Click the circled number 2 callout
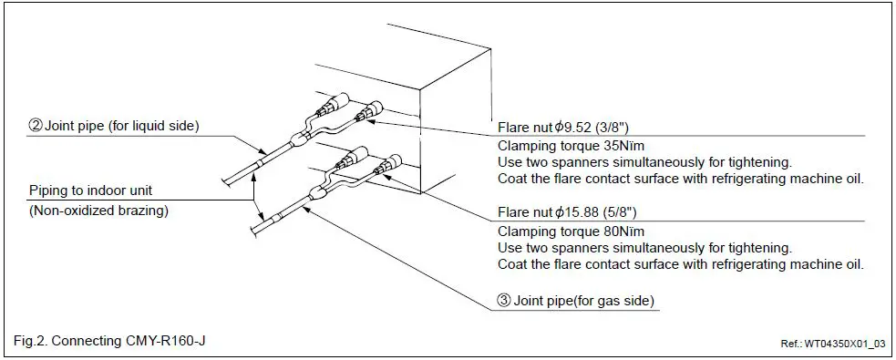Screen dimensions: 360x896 coord(37,126)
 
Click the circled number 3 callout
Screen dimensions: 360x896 coord(503,299)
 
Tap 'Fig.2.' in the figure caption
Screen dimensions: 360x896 coord(32,342)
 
